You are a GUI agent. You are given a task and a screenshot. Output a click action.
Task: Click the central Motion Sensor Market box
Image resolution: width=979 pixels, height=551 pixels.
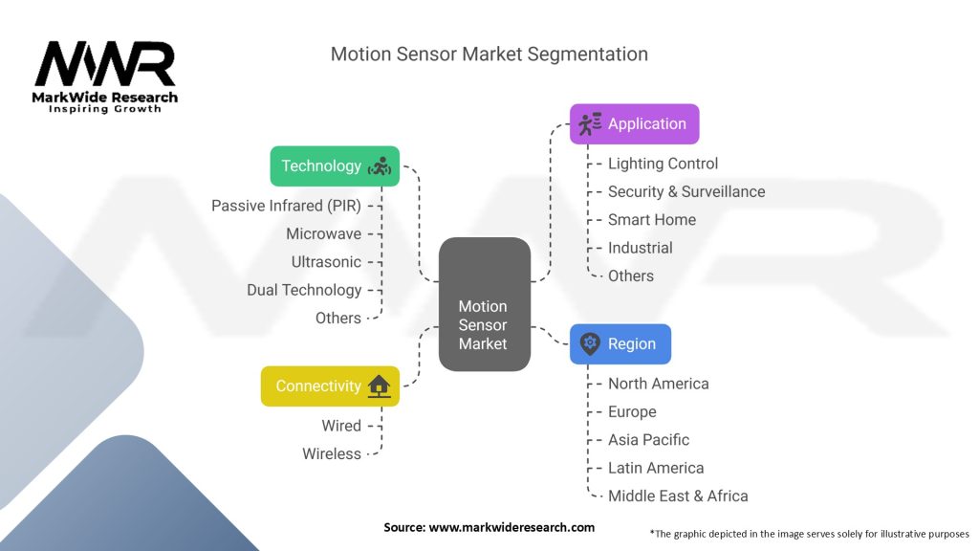[484, 304]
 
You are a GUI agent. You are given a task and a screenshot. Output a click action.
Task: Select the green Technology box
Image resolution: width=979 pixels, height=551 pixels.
[334, 165]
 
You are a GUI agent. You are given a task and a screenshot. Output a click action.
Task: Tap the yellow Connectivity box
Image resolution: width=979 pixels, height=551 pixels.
[330, 386]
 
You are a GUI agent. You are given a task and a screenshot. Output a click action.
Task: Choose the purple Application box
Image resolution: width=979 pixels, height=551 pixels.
[634, 124]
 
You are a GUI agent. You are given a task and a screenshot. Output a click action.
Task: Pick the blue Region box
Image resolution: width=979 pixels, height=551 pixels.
[620, 344]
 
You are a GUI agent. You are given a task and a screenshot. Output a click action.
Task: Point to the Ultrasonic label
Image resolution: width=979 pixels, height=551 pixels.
[326, 261]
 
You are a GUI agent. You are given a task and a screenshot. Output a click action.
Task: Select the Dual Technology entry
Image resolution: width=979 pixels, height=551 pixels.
[304, 290]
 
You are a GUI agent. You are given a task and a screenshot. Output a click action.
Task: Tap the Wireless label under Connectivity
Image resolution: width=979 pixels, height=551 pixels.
[332, 453]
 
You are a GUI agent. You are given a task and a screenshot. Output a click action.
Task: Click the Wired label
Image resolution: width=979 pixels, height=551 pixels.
[341, 426]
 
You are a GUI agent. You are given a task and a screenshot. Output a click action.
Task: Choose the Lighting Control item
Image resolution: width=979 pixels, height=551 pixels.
[663, 164]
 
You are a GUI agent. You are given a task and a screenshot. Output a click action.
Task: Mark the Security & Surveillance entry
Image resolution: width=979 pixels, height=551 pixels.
[686, 191]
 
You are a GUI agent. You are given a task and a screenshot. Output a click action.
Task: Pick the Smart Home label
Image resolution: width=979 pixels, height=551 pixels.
[652, 219]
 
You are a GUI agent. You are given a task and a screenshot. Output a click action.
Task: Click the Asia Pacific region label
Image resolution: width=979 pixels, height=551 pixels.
[648, 440]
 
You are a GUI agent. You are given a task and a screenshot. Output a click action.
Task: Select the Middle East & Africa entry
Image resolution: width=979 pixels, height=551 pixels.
[678, 496]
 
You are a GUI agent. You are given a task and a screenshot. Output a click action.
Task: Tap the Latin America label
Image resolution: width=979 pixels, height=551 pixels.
[656, 468]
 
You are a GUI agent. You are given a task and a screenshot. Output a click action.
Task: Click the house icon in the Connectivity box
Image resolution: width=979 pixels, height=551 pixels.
[379, 386]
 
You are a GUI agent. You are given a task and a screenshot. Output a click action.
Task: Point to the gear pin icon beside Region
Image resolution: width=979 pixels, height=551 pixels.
[589, 344]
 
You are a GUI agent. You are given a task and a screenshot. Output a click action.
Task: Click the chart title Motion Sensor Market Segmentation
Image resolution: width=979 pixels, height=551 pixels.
[489, 54]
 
